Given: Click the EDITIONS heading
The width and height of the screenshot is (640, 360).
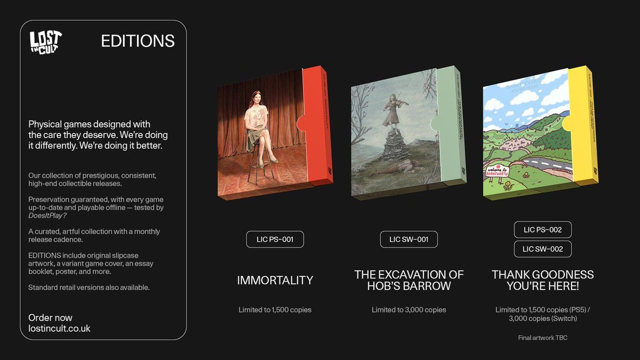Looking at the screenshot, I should point(138,41).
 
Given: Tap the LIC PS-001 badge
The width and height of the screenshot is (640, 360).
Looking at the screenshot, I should point(275,239).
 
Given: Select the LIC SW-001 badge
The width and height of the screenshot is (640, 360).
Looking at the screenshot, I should point(409,239).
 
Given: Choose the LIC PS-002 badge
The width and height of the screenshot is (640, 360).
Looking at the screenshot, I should point(542,230).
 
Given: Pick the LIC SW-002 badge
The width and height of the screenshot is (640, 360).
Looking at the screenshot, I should point(542,249).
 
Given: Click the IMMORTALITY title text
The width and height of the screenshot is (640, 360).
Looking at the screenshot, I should point(275,280).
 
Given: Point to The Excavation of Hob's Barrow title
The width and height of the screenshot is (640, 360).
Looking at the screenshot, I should point(409,280).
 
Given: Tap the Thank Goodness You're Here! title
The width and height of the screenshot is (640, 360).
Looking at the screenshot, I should point(542,280).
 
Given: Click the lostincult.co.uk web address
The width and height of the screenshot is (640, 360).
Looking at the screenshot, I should point(59,329).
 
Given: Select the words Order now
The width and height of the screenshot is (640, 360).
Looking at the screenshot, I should point(50,318).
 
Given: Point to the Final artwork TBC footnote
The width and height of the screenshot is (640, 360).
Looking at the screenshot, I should point(542,338).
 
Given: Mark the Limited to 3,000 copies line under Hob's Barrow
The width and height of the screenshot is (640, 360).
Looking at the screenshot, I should point(409,309).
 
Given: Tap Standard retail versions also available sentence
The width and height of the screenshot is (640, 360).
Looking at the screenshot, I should point(89,287).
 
